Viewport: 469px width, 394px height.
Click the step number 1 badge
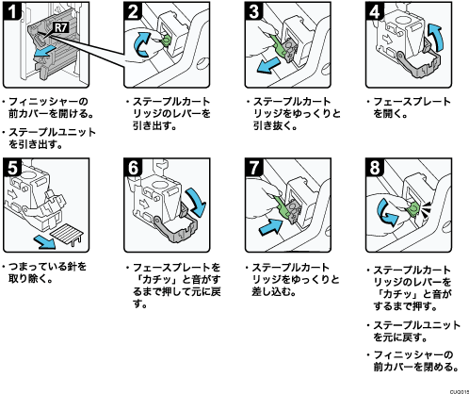(11, 11)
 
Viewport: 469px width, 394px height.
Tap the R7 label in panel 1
(61, 27)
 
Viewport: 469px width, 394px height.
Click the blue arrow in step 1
(45, 51)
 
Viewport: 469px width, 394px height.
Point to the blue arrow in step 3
(267, 65)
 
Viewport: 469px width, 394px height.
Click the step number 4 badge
(374, 11)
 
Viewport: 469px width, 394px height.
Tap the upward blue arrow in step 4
(437, 37)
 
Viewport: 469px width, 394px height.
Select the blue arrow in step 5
(45, 241)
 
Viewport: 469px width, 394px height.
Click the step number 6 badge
(133, 168)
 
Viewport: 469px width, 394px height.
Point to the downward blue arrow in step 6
(196, 202)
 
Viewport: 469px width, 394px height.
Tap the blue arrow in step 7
(270, 227)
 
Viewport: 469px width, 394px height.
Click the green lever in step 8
(412, 208)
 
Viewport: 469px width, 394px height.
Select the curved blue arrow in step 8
(387, 213)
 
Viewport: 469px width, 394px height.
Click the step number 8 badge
(374, 168)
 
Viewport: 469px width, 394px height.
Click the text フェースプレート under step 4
(412, 102)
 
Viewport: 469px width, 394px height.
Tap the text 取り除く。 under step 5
(30, 278)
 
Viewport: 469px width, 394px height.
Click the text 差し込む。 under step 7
(274, 292)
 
